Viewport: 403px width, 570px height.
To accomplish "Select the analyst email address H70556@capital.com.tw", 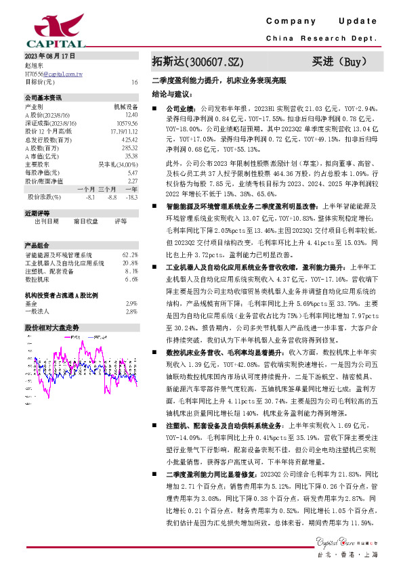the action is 54,72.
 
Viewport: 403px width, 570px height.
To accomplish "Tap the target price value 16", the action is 135,81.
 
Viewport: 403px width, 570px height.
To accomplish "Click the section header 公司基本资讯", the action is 43,97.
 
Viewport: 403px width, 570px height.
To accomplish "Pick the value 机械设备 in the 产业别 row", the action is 125,106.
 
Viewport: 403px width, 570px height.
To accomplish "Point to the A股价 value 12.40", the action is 131,115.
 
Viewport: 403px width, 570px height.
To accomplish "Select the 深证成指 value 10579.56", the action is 127,123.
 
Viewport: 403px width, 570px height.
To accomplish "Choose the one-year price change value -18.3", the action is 132,196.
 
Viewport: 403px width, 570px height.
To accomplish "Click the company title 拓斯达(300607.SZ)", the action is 197,62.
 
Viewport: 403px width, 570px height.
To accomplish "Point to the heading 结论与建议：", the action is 172,94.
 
